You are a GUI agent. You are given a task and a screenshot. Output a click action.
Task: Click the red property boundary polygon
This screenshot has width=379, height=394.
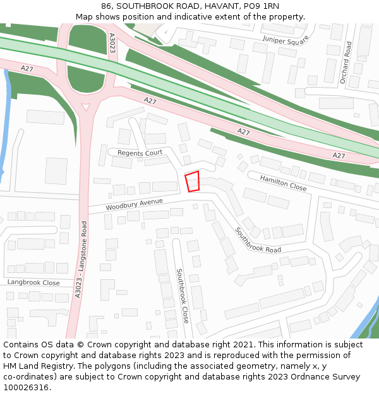point(192,182)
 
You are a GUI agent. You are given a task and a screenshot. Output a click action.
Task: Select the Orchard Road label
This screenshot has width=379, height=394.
point(345,62)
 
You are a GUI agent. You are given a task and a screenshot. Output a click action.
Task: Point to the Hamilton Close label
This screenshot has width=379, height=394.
point(283,183)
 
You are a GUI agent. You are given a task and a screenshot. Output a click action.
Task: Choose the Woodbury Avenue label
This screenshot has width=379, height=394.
point(135,204)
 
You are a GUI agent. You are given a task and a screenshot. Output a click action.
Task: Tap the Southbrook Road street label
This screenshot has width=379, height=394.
point(258,240)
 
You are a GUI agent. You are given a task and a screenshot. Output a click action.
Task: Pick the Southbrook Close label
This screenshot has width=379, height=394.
point(182,296)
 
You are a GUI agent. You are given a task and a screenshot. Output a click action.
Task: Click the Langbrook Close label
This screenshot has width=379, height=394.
point(33,283)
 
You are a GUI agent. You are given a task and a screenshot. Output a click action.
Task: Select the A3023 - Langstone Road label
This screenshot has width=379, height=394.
point(81,258)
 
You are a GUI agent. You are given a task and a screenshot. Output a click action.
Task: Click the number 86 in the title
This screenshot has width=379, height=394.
point(106,6)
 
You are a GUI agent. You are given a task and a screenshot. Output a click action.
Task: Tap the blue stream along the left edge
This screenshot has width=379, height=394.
point(5,126)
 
